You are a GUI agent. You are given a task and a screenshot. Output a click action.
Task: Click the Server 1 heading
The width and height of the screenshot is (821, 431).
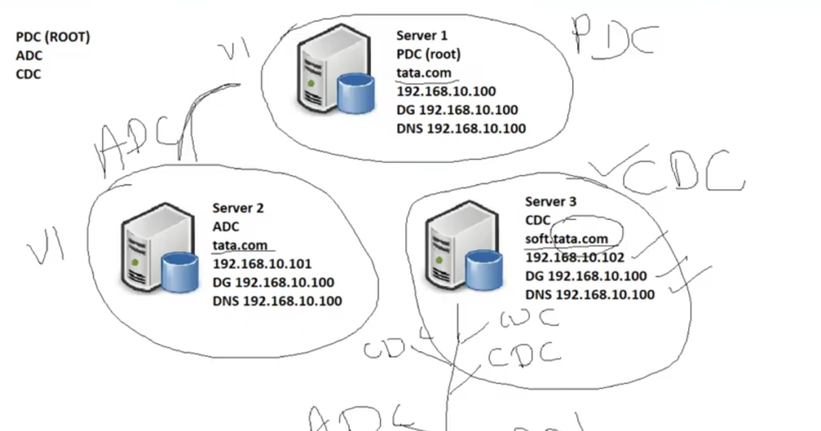(x=422, y=36)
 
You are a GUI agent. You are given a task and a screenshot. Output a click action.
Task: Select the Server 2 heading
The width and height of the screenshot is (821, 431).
(x=238, y=208)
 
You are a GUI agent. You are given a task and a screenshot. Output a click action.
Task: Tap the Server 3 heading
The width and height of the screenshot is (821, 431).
(x=551, y=201)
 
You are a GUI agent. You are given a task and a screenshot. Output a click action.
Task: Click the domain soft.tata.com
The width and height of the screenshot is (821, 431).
(x=566, y=238)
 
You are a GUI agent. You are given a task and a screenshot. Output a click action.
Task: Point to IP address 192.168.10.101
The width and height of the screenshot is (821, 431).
(x=262, y=263)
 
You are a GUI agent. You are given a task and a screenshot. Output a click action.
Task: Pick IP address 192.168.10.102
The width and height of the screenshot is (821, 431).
(x=575, y=257)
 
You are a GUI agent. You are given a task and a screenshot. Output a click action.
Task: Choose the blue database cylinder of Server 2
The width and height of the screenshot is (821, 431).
(x=180, y=271)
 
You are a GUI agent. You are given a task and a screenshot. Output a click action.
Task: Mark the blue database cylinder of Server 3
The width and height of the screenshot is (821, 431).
(x=484, y=269)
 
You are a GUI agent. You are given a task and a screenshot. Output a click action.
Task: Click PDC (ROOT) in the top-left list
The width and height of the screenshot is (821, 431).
(x=53, y=37)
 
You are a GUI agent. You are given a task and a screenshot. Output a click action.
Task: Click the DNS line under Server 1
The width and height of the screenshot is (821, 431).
(x=461, y=128)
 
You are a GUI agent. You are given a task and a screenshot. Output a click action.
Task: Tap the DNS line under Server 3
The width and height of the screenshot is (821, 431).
(x=589, y=295)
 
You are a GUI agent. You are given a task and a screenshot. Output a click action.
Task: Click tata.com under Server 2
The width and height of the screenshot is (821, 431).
(x=239, y=245)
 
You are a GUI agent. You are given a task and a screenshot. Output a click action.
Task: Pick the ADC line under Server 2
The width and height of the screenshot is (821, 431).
(x=225, y=226)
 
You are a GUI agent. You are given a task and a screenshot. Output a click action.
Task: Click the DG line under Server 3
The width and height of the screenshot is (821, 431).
(x=586, y=276)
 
